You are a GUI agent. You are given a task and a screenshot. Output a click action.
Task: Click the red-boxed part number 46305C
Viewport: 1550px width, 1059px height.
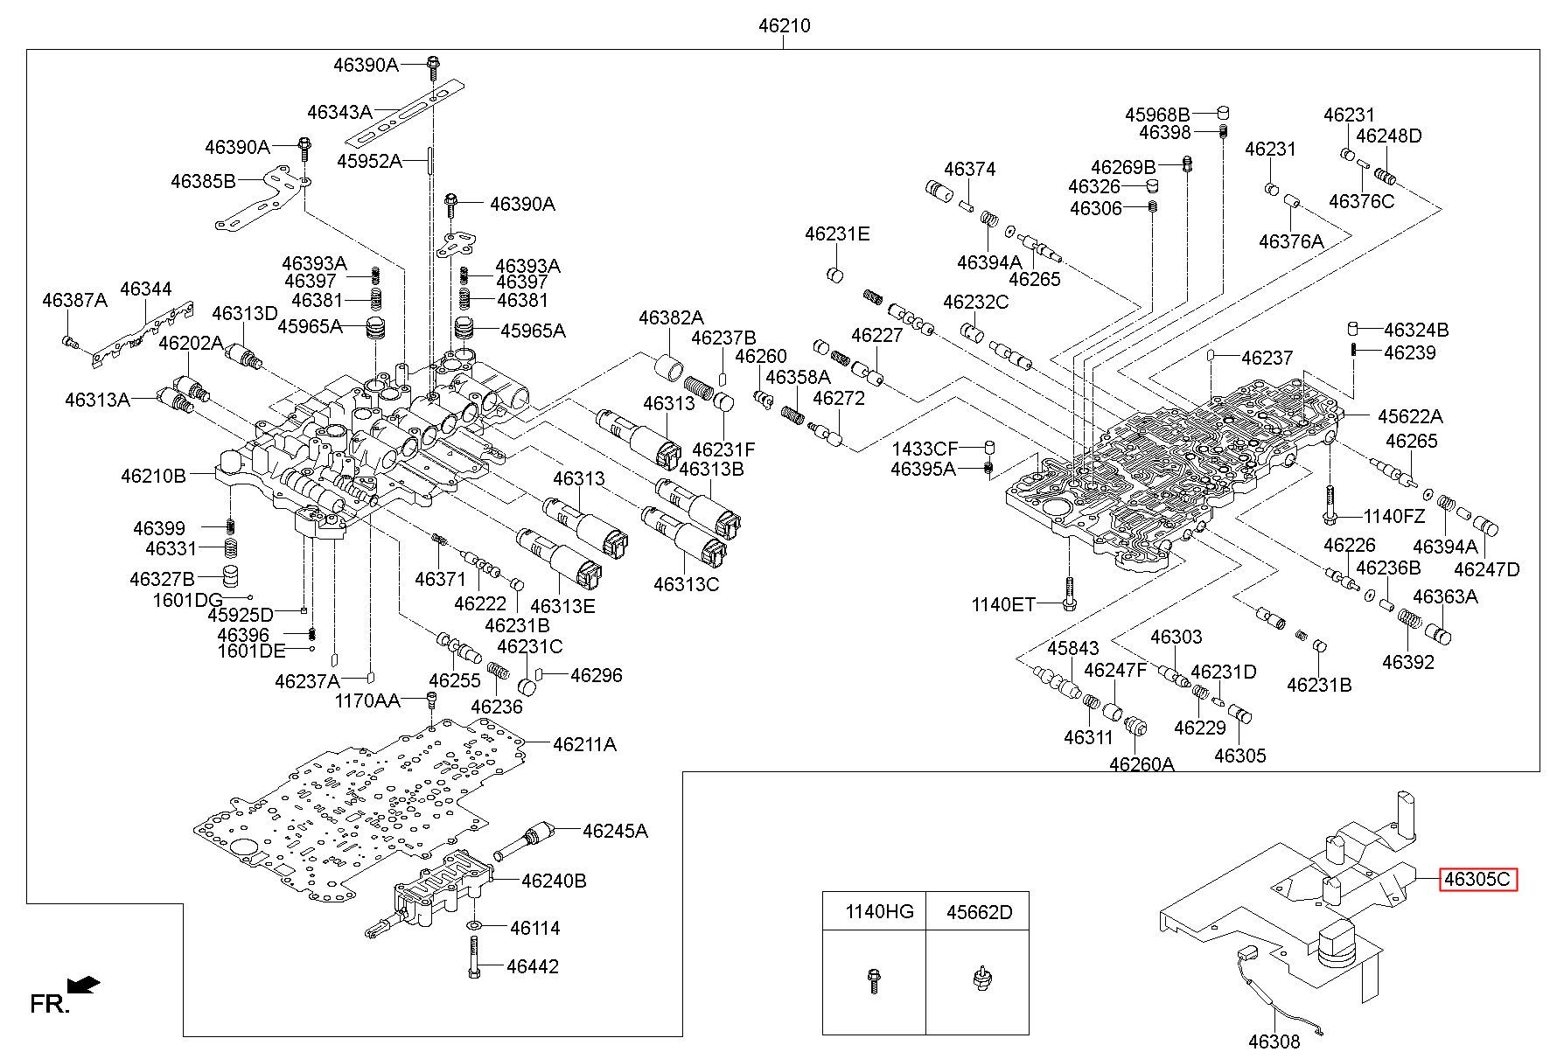[1478, 880]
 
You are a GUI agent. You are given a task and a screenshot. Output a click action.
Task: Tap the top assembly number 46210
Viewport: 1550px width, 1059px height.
[784, 26]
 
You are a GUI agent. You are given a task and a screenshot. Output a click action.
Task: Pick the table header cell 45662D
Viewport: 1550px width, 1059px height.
[979, 912]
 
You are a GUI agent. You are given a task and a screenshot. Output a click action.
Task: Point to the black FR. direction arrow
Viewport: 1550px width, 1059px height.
[84, 986]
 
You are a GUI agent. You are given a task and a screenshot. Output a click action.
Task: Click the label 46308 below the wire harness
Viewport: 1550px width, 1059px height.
[1274, 1042]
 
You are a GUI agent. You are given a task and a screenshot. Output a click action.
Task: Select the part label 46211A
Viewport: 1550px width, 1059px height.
[584, 744]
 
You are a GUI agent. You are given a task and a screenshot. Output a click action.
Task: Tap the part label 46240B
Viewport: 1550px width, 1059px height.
[554, 881]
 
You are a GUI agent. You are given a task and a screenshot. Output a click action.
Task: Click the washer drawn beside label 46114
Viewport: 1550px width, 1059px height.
[474, 926]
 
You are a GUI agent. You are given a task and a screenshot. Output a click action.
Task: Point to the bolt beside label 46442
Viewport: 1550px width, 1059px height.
[473, 958]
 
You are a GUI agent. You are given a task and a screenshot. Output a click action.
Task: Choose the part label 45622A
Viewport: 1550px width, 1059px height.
[1410, 416]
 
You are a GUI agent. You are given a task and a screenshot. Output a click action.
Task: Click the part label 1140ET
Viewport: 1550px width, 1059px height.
[1003, 604]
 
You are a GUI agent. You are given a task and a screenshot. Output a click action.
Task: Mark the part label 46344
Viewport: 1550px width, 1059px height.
[146, 289]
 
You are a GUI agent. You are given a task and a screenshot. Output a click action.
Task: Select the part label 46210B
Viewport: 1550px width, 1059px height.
[153, 476]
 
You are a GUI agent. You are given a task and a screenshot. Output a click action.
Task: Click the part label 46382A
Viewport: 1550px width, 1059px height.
[671, 317]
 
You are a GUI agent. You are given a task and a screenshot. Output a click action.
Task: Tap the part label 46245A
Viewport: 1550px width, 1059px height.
[615, 831]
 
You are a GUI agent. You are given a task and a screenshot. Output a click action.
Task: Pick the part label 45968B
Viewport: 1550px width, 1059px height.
[1157, 115]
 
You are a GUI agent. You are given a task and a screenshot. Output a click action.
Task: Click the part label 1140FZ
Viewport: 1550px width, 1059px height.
[1393, 516]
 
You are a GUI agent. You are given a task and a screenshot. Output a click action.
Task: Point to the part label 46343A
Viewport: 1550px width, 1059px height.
[339, 112]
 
